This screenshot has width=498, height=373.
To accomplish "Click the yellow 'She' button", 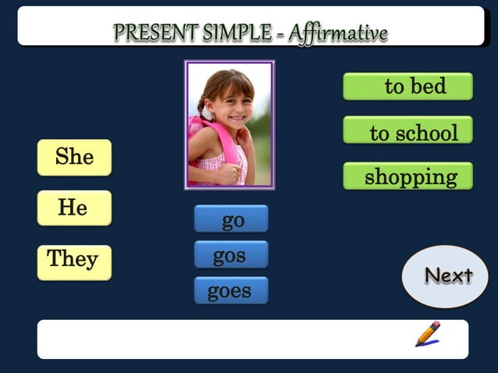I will [x=74, y=158].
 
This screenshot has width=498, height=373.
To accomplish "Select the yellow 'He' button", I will [x=74, y=208].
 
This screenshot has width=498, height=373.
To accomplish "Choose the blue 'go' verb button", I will [x=231, y=219].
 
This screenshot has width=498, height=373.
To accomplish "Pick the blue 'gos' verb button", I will [x=231, y=255].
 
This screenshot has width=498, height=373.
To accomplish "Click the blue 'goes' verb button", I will [x=231, y=291].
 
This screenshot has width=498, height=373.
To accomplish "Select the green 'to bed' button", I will [x=407, y=87].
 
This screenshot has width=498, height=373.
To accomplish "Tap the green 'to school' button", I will [x=407, y=131].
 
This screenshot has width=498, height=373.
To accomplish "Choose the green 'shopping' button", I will [x=407, y=176].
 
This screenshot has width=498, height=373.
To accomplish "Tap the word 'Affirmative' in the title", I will [x=338, y=33].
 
